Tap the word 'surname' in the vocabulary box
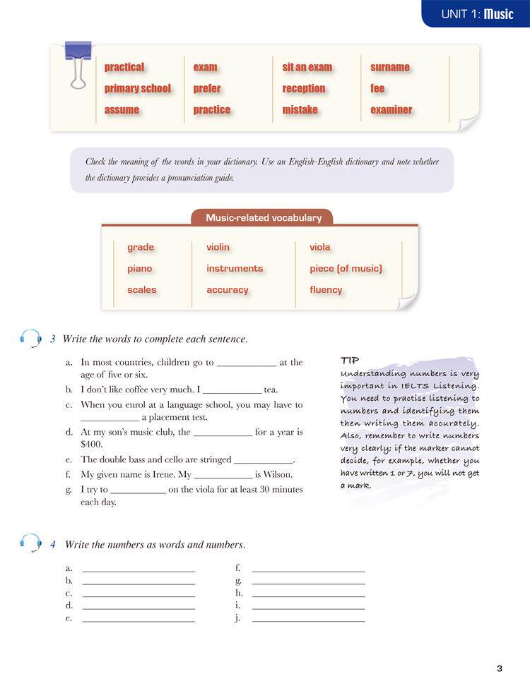pyautogui.click(x=389, y=67)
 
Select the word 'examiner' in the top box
pyautogui.click(x=391, y=109)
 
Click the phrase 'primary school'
pyautogui.click(x=138, y=88)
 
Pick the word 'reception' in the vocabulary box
pyautogui.click(x=304, y=88)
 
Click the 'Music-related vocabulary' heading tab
pyautogui.click(x=263, y=217)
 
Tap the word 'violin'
pyautogui.click(x=218, y=247)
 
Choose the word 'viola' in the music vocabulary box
pyautogui.click(x=319, y=247)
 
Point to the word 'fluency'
pyautogui.click(x=326, y=289)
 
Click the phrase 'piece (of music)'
pyautogui.click(x=346, y=268)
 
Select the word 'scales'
pyautogui.click(x=142, y=289)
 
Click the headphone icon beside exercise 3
pyautogui.click(x=30, y=339)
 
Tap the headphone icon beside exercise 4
pyautogui.click(x=30, y=544)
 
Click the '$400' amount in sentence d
pyautogui.click(x=92, y=445)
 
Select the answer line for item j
pyautogui.click(x=308, y=618)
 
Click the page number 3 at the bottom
pyautogui.click(x=499, y=668)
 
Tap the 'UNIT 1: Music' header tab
pyautogui.click(x=477, y=13)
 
